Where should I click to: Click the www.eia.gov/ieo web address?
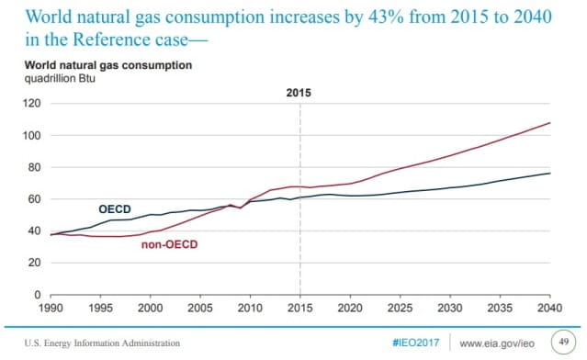pos(497,343)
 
